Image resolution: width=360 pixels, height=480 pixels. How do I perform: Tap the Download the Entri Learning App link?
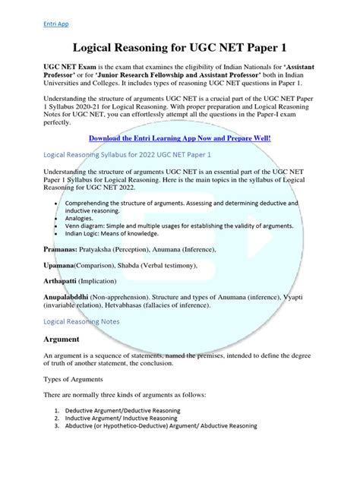pos(179,138)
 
